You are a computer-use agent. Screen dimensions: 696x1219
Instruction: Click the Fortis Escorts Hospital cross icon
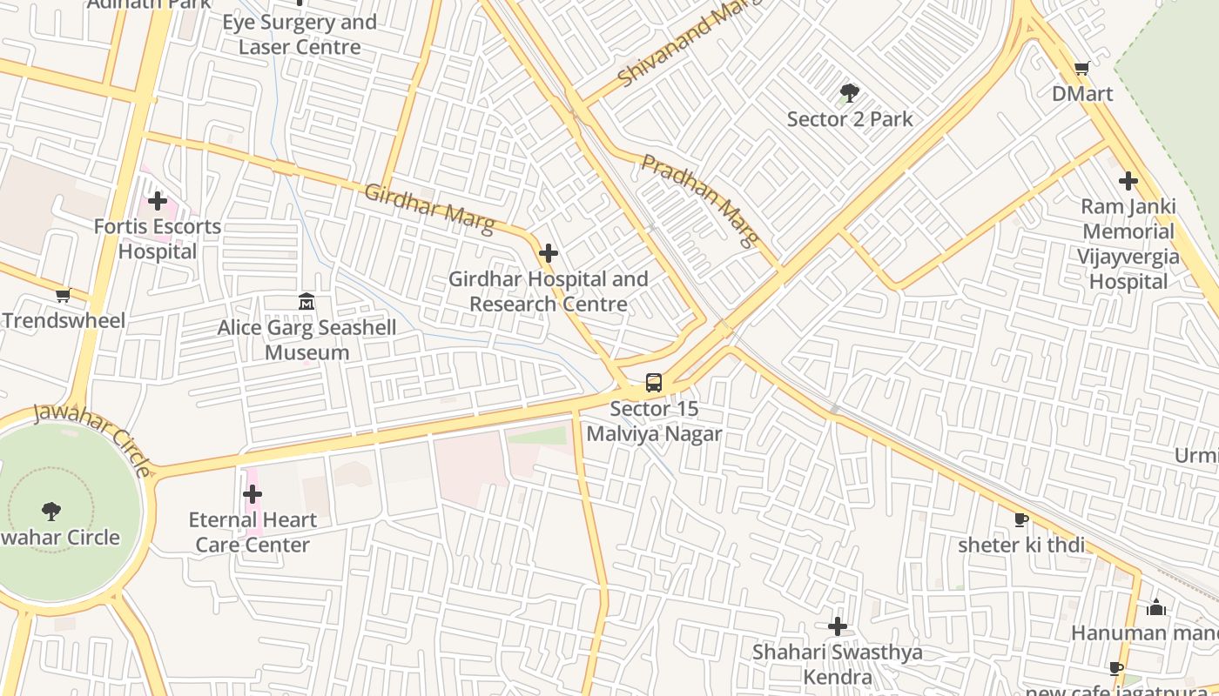click(157, 201)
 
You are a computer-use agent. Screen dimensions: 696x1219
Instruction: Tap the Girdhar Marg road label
click(429, 208)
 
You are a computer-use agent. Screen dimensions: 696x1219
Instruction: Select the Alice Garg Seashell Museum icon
click(306, 302)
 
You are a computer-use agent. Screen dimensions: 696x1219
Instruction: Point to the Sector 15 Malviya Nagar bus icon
click(654, 382)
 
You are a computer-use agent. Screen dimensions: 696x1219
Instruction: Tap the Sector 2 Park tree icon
click(849, 93)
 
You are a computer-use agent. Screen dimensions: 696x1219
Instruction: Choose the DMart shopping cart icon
click(1081, 68)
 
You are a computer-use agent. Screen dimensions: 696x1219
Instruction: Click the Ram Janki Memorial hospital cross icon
click(1128, 181)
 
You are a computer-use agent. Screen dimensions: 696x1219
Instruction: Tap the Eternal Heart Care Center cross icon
click(253, 494)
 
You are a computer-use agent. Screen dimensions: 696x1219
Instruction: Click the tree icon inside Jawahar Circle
click(51, 512)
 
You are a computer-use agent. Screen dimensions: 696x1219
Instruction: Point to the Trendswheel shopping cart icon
click(63, 296)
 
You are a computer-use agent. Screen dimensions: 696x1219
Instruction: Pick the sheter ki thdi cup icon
click(1021, 520)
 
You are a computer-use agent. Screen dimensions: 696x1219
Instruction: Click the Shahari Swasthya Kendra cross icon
click(837, 626)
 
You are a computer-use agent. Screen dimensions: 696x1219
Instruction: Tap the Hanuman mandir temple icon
click(1156, 607)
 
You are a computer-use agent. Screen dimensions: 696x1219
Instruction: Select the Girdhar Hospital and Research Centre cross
click(549, 253)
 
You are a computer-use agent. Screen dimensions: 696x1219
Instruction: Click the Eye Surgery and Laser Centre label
click(300, 35)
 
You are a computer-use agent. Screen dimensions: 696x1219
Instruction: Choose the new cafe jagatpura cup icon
click(1116, 669)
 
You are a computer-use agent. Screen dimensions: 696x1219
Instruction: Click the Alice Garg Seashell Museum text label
click(306, 340)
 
